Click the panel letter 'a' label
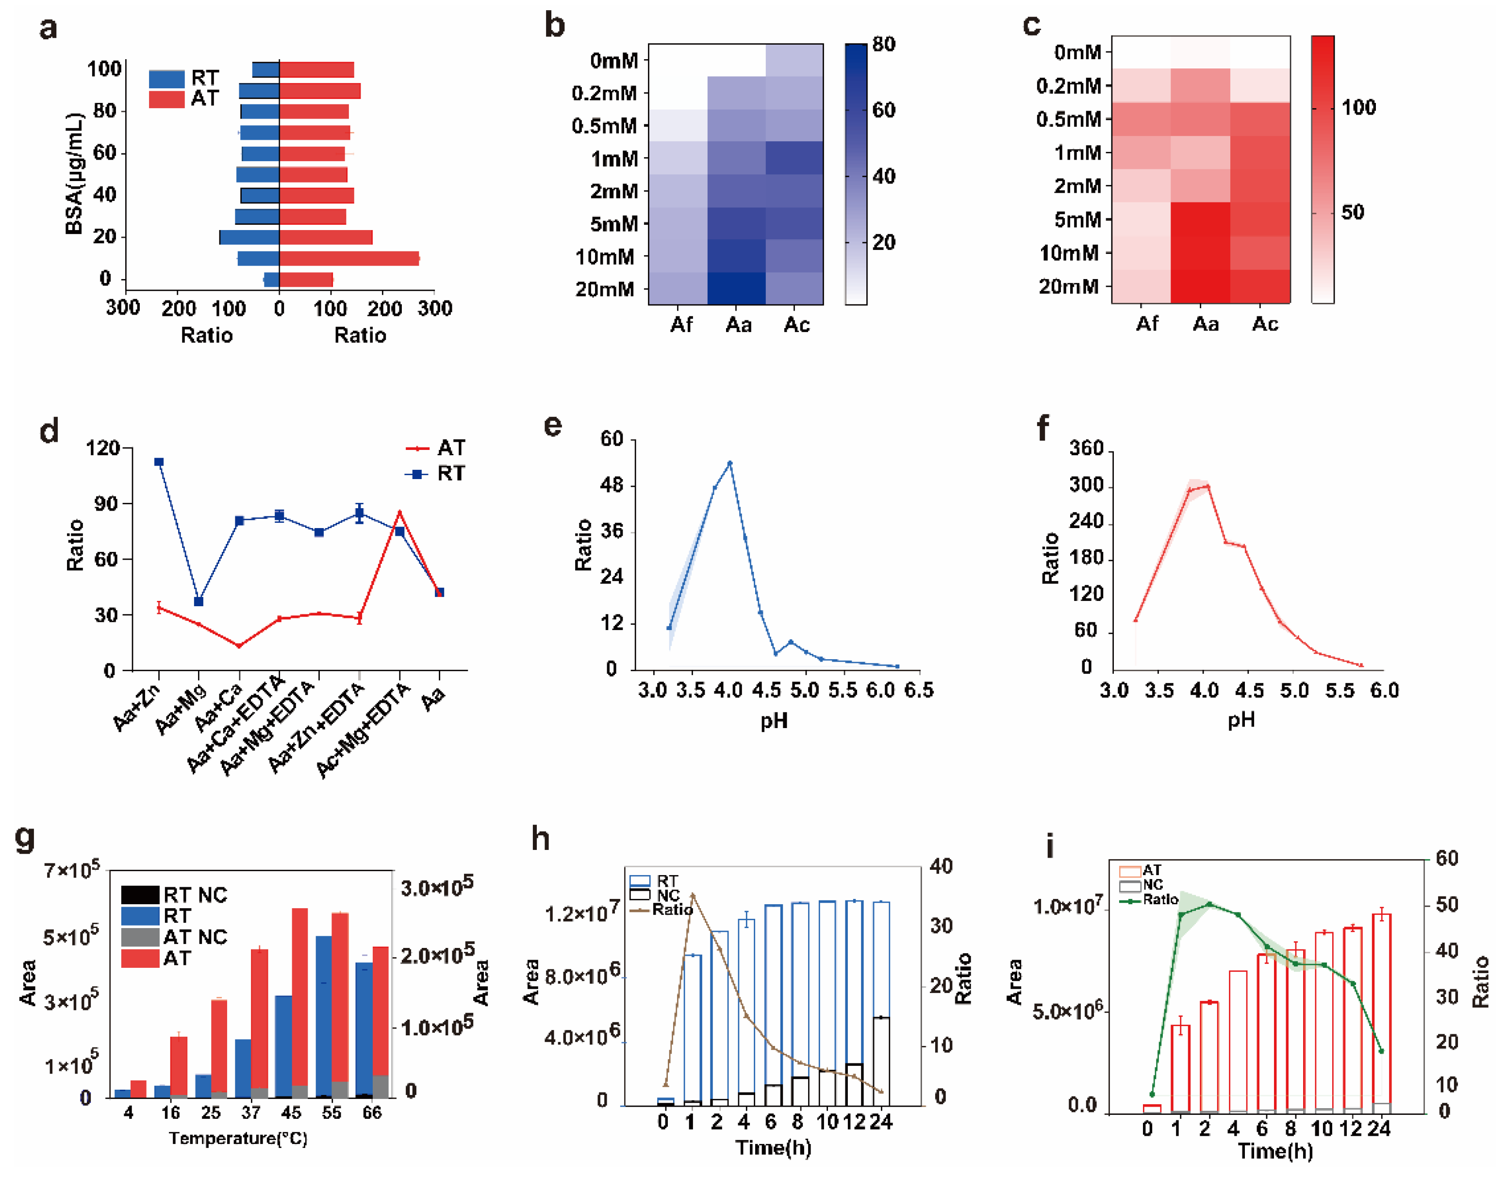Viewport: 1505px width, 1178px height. [x=48, y=29]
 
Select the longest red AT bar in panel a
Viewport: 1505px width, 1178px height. [x=348, y=259]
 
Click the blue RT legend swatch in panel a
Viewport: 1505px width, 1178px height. [x=166, y=79]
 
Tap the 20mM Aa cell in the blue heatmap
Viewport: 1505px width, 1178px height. [x=736, y=288]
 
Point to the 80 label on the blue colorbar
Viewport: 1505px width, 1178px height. [x=884, y=45]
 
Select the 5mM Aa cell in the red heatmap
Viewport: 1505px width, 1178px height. [x=1200, y=219]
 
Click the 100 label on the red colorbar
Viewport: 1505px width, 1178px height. [x=1358, y=108]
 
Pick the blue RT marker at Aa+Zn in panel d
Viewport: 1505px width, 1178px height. [x=159, y=462]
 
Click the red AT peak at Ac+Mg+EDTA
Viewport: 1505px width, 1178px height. [x=400, y=513]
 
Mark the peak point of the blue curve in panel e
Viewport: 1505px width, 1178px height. [x=730, y=463]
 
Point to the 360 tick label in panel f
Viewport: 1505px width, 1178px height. [x=1086, y=449]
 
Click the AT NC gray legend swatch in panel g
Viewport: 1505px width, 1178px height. [x=140, y=937]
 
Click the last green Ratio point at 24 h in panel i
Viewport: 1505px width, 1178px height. [x=1381, y=1051]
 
